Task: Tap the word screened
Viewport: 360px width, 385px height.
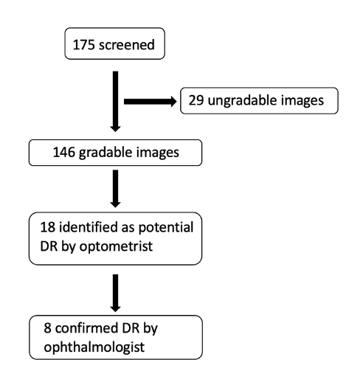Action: [127, 45]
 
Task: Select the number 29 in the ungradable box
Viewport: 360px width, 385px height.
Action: [196, 100]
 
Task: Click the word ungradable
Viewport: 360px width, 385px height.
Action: [242, 101]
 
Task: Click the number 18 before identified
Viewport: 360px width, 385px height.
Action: [48, 227]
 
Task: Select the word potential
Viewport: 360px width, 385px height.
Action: [166, 228]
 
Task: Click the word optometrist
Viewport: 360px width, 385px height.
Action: [116, 246]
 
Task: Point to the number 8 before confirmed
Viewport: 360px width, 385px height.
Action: [47, 328]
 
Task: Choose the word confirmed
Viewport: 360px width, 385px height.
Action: [86, 328]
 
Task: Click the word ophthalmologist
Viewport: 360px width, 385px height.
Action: [94, 347]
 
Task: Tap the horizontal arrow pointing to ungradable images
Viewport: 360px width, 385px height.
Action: [150, 102]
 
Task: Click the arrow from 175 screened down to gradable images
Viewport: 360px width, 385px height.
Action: [115, 102]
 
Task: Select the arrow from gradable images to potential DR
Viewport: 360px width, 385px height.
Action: [115, 189]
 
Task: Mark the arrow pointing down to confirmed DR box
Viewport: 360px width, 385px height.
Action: [115, 293]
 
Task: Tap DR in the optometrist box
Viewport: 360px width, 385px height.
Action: [49, 246]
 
